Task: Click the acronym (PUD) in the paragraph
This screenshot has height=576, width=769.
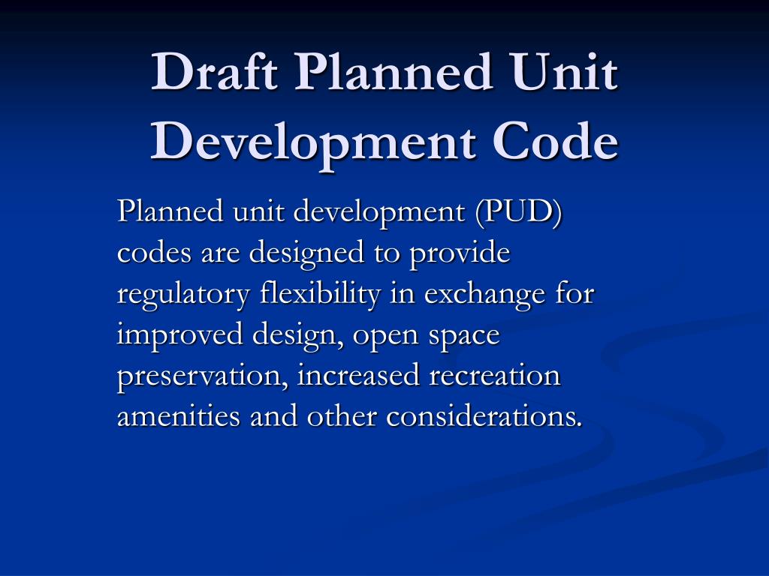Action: pos(519,212)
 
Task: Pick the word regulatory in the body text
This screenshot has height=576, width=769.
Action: pos(181,295)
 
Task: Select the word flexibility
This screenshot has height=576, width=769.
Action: pos(316,294)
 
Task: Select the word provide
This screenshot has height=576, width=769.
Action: pos(460,253)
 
